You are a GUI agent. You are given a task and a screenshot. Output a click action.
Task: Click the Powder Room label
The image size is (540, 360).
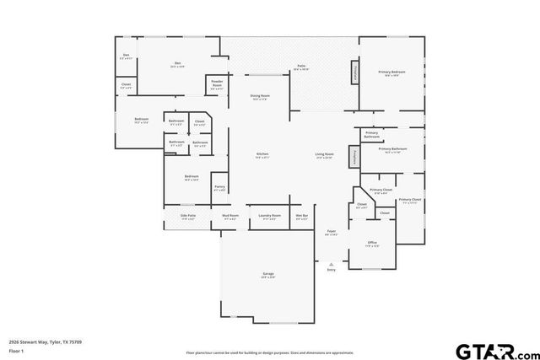[x=217, y=84]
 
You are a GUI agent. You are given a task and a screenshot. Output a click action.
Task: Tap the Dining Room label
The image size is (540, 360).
[x=260, y=97]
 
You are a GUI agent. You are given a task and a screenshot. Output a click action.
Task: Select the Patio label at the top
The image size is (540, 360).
[x=301, y=66]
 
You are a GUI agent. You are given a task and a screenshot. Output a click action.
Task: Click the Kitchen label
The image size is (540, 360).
[x=262, y=154]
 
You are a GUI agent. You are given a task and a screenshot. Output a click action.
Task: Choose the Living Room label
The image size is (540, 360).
[x=325, y=154]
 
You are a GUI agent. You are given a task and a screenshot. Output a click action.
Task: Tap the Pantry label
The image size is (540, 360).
[x=219, y=187]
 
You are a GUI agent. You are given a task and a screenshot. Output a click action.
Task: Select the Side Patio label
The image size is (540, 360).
[x=188, y=216]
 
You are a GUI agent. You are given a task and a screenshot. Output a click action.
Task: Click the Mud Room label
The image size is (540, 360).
[x=230, y=216]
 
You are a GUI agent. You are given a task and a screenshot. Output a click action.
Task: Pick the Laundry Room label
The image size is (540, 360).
[x=269, y=216]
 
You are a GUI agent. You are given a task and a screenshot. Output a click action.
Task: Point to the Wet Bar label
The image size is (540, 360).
[x=301, y=216]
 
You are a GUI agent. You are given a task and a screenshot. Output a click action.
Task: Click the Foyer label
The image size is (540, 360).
[x=332, y=232]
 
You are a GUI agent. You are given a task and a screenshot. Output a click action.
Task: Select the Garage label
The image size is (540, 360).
[x=267, y=275]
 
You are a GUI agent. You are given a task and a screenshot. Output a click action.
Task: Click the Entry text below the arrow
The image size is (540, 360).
[x=332, y=270]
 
